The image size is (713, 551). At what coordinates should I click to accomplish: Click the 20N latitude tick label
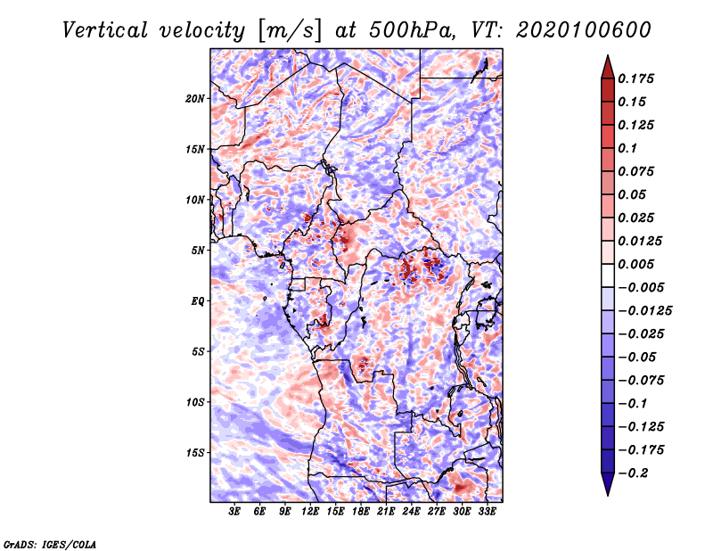[195, 99]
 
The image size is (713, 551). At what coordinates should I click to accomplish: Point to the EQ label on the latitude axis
[197, 301]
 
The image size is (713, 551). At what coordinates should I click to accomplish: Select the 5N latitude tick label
[198, 251]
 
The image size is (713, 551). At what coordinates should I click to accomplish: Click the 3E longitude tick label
[234, 512]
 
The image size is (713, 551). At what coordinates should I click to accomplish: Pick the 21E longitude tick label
[386, 512]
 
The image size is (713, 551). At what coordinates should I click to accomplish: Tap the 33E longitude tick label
[487, 512]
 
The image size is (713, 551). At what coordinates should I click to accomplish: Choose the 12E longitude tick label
[309, 512]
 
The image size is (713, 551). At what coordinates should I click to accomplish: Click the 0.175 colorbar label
[635, 78]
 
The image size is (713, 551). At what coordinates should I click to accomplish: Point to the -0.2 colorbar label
[633, 473]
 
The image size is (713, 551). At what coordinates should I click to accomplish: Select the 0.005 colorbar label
[635, 264]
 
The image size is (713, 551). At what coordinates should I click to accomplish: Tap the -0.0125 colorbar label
[644, 311]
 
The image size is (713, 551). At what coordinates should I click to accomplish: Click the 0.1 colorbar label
[627, 148]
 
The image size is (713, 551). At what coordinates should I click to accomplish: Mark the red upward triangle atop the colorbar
[608, 67]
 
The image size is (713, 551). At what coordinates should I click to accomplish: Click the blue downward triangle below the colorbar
[608, 484]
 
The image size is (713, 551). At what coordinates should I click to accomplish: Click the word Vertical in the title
[104, 30]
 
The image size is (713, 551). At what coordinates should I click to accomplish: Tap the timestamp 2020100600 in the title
[584, 30]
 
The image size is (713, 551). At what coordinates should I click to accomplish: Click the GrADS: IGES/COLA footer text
[50, 545]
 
